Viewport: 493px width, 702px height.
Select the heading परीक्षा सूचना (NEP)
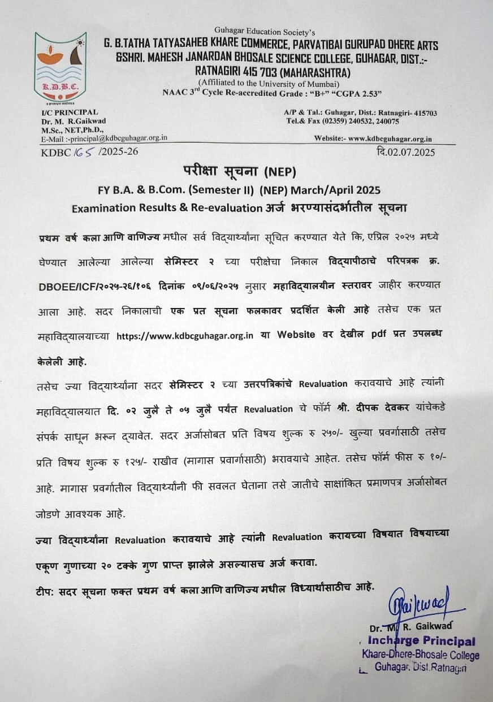(239, 170)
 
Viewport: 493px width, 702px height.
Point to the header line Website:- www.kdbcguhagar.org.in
(373, 138)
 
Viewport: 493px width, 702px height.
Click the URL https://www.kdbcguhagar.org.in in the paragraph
(184, 335)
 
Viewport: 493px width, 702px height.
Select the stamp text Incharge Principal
(421, 642)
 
